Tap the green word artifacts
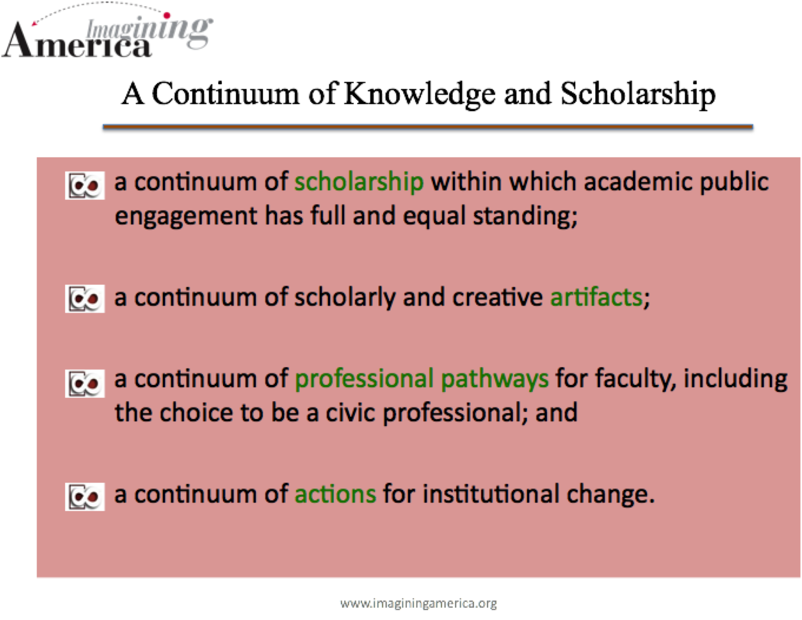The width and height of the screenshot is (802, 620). tap(596, 297)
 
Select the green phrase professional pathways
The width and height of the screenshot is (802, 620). tap(422, 380)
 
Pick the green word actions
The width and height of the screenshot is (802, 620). tap(335, 494)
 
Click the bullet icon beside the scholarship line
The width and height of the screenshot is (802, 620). tap(85, 186)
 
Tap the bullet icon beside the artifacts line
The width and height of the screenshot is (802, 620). tap(85, 299)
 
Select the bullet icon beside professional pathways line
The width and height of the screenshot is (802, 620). tap(85, 384)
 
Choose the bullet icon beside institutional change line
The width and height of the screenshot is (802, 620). tap(85, 497)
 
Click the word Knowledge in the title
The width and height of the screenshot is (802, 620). tap(420, 94)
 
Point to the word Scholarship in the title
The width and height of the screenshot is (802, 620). tap(638, 94)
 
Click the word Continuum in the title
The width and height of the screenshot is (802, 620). tap(225, 94)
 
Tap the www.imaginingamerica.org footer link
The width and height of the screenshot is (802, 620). tap(418, 603)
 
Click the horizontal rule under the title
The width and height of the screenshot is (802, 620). tap(428, 127)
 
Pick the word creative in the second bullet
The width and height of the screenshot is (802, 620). tap(497, 297)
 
